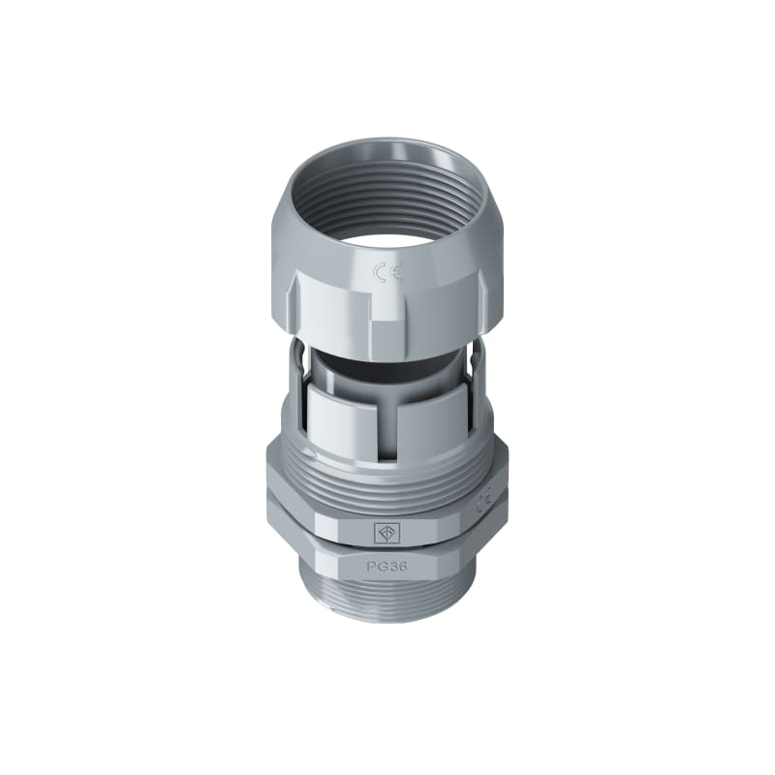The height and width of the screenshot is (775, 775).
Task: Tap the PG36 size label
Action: [x=387, y=567]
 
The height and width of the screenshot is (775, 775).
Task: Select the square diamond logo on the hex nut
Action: [x=383, y=532]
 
